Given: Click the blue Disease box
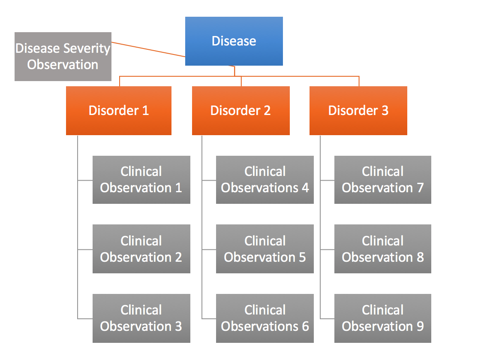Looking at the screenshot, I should [x=234, y=41].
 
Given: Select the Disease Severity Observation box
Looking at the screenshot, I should [x=63, y=56].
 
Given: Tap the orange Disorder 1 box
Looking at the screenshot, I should [x=119, y=111].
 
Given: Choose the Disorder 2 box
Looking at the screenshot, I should [x=240, y=111].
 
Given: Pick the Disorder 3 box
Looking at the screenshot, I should [x=358, y=111].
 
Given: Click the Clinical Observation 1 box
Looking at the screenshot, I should [x=141, y=180].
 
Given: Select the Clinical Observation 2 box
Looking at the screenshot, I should [x=141, y=249].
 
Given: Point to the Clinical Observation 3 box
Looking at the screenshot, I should [x=141, y=318].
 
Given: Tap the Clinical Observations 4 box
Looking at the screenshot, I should [x=265, y=180].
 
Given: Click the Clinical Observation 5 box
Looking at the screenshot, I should [x=265, y=249].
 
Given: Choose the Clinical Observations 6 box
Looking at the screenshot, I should [x=265, y=318].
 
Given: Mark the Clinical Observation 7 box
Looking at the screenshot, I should [x=382, y=180].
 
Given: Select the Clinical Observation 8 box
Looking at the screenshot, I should [x=382, y=249].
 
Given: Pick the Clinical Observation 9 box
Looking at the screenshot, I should [x=382, y=318].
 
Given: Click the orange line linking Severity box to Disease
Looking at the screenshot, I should [x=148, y=49].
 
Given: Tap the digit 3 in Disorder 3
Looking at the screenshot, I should [x=384, y=111].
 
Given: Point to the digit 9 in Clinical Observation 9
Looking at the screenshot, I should [x=420, y=326].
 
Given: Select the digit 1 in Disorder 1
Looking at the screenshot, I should [x=145, y=111].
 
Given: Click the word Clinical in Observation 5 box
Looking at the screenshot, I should [x=265, y=241].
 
